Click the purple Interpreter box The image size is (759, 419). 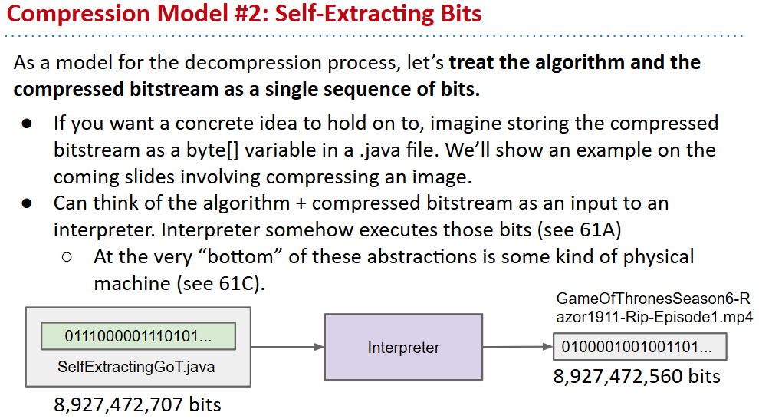tap(403, 347)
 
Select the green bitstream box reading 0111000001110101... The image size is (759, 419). tap(139, 335)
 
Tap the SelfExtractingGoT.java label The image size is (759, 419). tap(136, 367)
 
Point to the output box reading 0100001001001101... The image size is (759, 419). tap(639, 347)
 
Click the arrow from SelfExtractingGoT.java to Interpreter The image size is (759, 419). tap(287, 347)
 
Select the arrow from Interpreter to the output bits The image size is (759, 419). tap(518, 347)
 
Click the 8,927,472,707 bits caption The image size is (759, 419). tap(137, 404)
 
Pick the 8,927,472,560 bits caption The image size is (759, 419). tap(636, 376)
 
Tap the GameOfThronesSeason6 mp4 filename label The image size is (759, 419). tap(655, 308)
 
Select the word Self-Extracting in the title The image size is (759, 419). tap(354, 14)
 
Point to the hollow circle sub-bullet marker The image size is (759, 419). tap(67, 257)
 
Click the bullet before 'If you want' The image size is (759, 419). tap(27, 124)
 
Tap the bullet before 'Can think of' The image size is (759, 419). tap(27, 203)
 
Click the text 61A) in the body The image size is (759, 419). tap(600, 230)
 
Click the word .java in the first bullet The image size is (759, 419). tap(381, 150)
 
